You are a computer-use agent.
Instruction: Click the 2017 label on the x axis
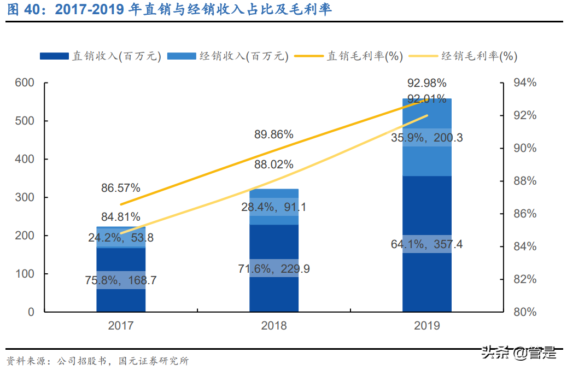pos(121,326)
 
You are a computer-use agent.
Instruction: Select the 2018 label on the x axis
pos(274,326)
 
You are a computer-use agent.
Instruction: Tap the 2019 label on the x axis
pos(426,326)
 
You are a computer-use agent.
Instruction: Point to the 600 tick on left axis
pos(25,83)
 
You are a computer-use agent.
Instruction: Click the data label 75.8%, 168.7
pos(121,281)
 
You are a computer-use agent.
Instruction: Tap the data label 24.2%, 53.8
pos(121,238)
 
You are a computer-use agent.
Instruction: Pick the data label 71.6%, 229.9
pos(274,268)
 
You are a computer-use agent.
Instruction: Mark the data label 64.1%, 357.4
pos(426,244)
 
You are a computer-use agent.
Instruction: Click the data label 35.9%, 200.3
pos(426,138)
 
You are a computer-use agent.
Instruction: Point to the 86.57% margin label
pos(121,189)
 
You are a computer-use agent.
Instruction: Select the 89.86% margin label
pos(274,134)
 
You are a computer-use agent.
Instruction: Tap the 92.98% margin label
pos(426,84)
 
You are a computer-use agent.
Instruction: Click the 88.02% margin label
pos(274,165)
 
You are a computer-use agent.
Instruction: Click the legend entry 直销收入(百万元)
pos(101,56)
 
